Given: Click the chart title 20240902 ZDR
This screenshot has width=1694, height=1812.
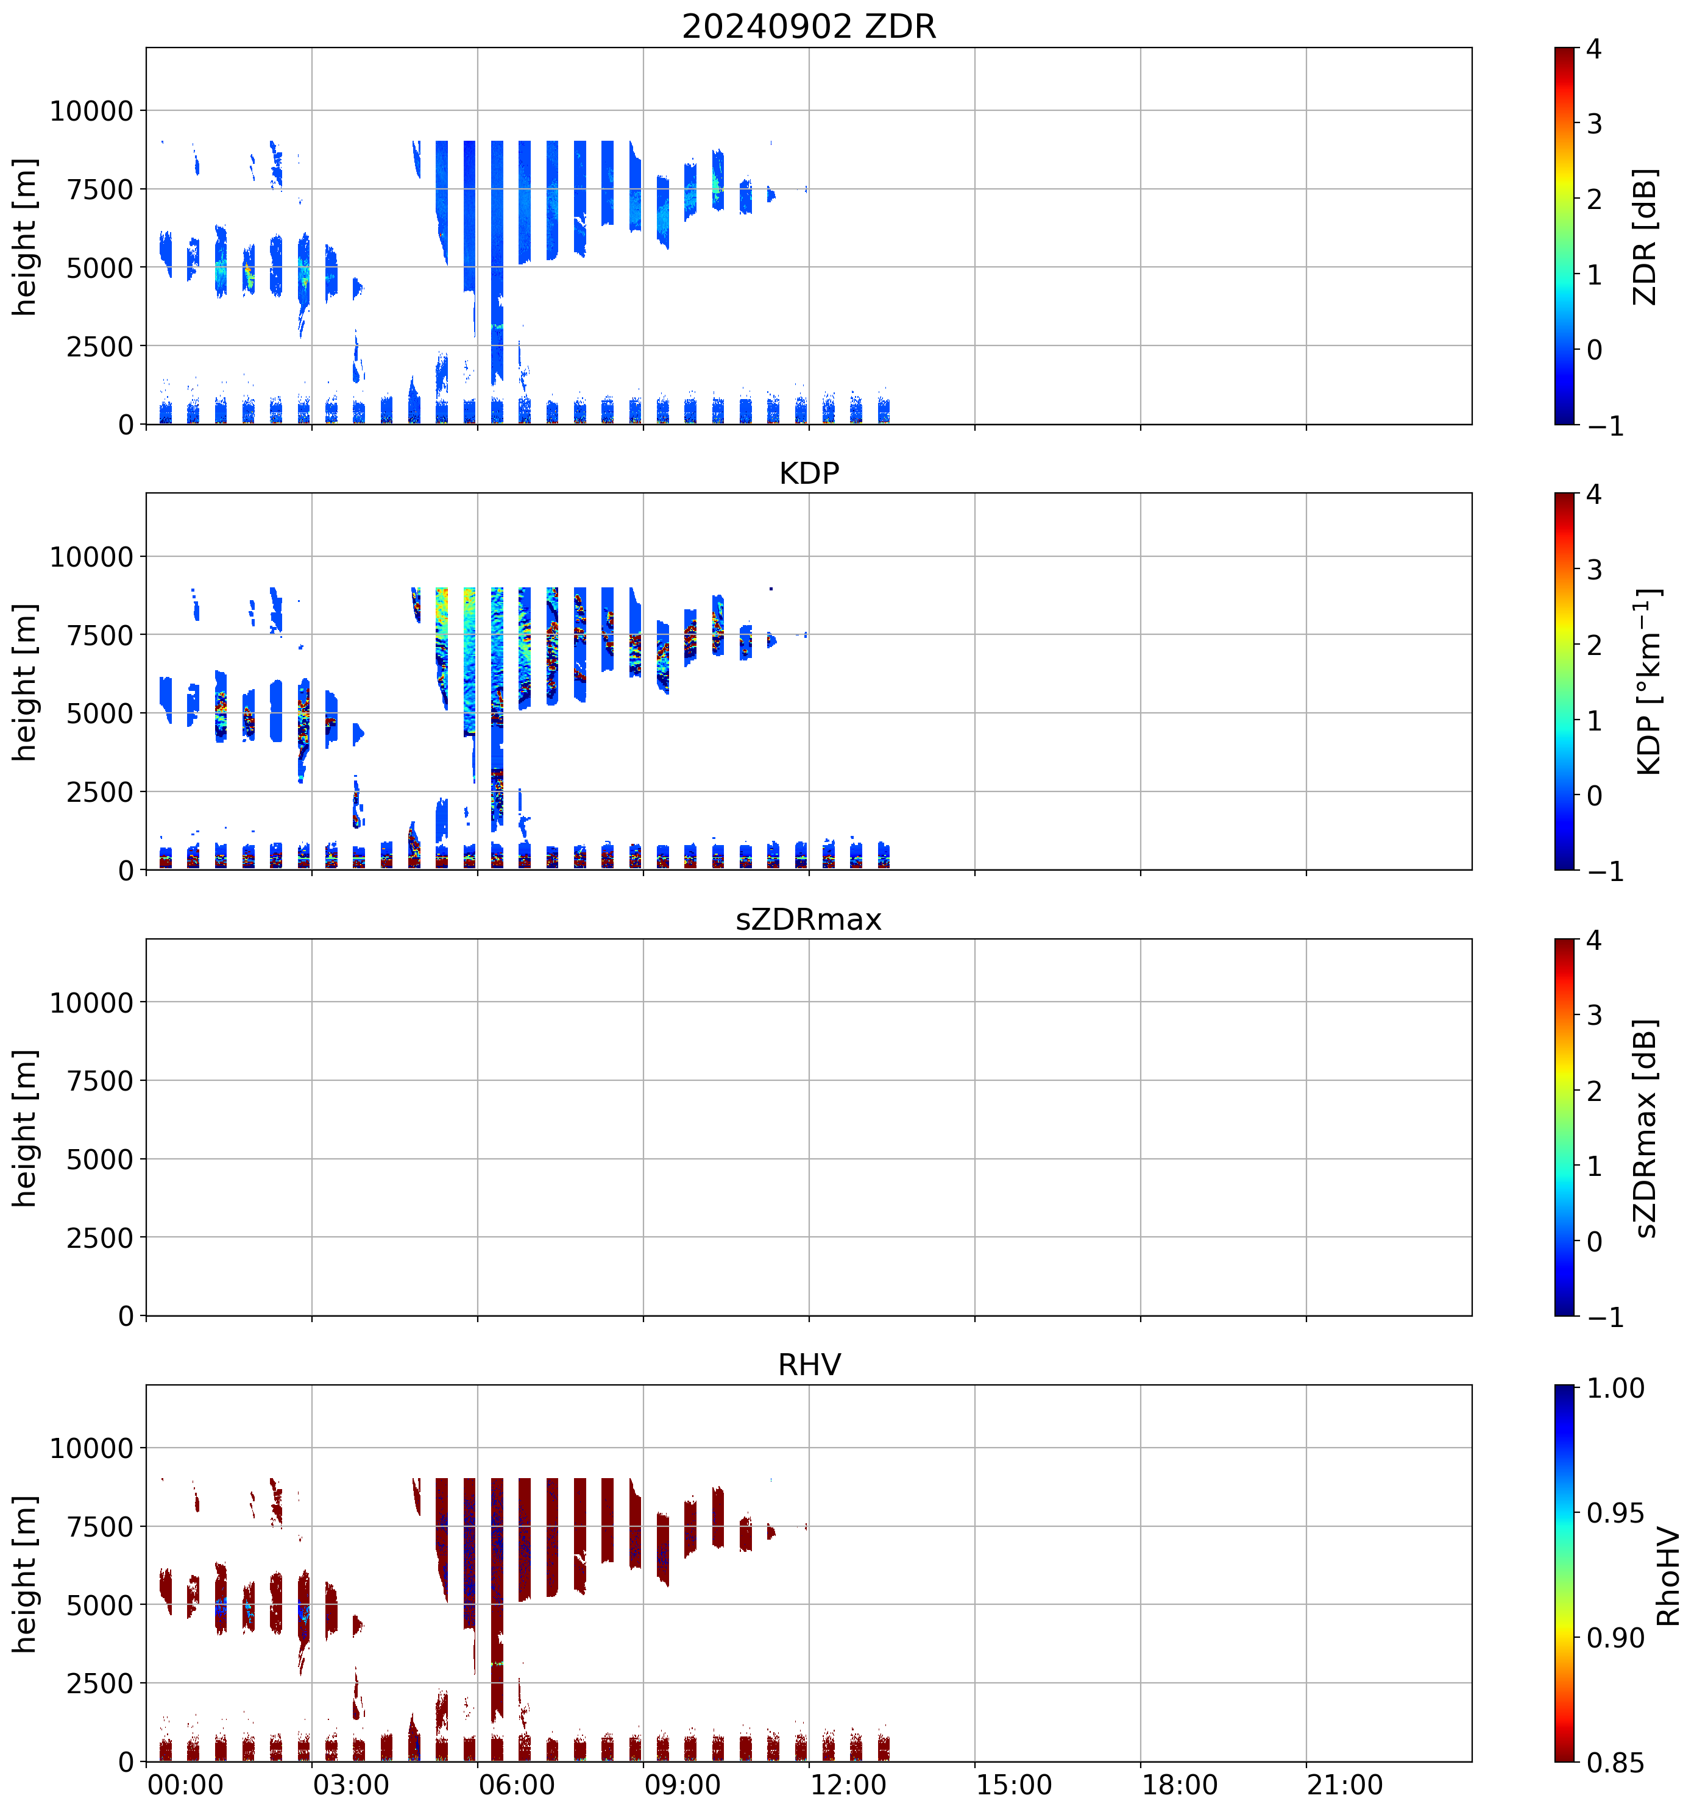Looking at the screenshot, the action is point(809,26).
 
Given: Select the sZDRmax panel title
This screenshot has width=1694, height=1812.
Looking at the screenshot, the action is point(809,919).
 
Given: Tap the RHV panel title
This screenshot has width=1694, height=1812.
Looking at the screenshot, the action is point(809,1365).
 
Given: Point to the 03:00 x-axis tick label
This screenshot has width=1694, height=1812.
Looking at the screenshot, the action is point(351,1785).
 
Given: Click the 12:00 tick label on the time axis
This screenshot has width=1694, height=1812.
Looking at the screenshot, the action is point(848,1785).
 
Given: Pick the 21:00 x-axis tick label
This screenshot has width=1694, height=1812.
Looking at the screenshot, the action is point(1345,1785).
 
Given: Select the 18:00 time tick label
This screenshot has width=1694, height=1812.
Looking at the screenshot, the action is point(1180,1785).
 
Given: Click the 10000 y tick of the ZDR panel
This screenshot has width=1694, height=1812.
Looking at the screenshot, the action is point(91,111).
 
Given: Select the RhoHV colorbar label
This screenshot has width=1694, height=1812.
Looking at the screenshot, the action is point(1668,1576).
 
